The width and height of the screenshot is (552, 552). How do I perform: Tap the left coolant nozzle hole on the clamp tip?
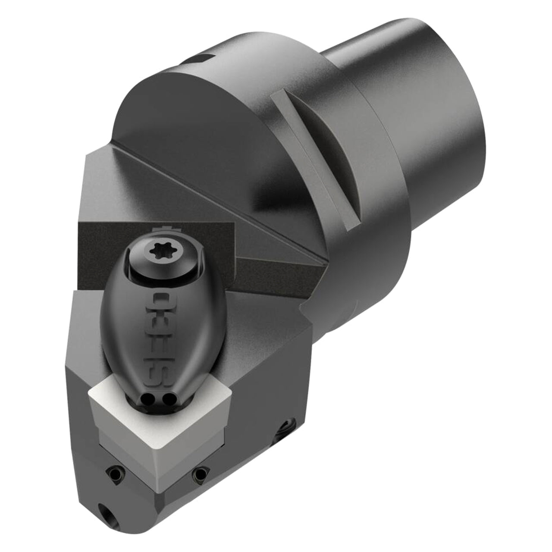tap(147, 398)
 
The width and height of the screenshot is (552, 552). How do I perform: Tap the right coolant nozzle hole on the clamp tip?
tap(165, 398)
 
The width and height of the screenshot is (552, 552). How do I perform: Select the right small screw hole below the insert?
tap(200, 473)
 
